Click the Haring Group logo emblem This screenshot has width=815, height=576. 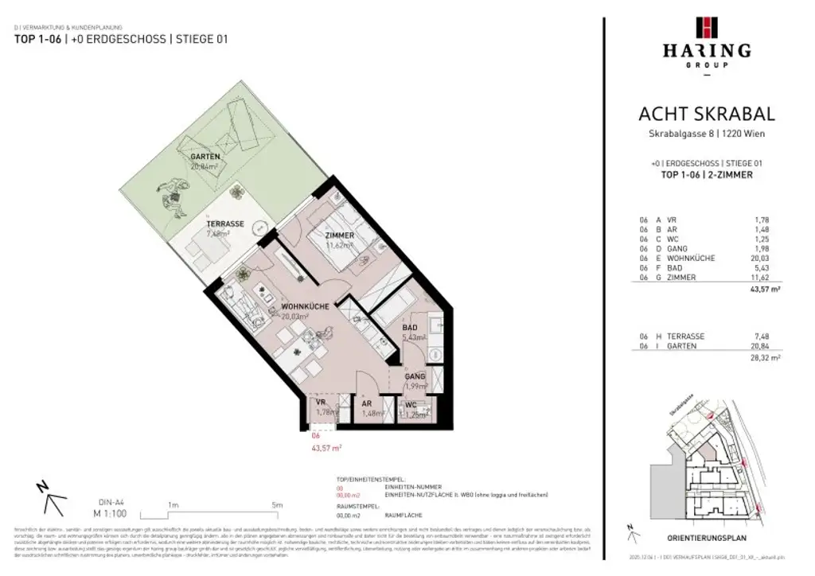(x=706, y=27)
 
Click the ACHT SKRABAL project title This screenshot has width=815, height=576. (x=706, y=115)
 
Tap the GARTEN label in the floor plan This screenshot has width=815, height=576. (x=205, y=157)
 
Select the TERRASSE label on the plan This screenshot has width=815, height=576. (x=225, y=224)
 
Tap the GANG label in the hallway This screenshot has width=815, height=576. (x=415, y=376)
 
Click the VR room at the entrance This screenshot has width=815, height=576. (x=321, y=403)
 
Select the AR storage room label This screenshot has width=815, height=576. (x=369, y=403)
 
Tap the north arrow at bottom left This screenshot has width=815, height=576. (x=49, y=498)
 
